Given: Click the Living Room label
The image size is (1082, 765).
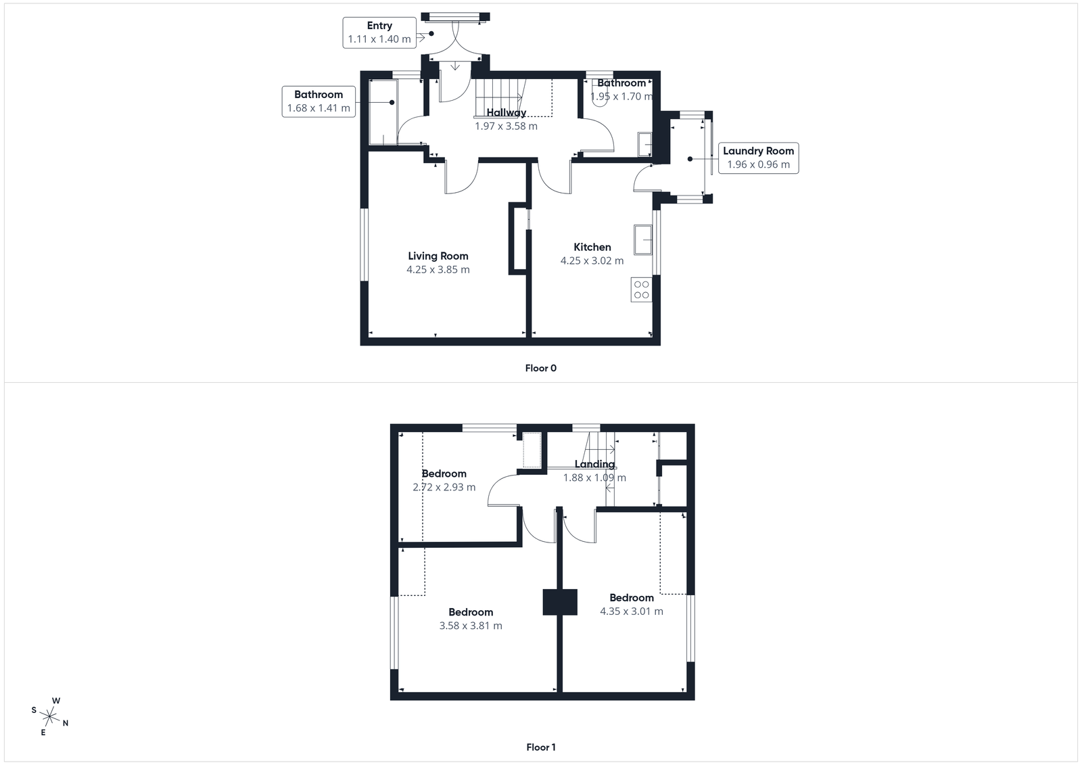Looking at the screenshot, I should [x=438, y=256].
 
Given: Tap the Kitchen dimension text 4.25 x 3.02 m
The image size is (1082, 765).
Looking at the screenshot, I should [x=592, y=260].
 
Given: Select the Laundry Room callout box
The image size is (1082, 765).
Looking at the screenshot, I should [x=758, y=158].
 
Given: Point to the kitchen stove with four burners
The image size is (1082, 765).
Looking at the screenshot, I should [x=641, y=289].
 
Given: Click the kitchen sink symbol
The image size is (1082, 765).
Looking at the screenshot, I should [x=642, y=239].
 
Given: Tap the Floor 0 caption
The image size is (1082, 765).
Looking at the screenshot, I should [x=540, y=368].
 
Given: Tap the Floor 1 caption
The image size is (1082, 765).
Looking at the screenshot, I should [x=540, y=747].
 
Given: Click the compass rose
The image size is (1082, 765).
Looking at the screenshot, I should [x=50, y=716].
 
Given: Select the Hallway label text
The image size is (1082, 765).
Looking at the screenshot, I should [x=506, y=112].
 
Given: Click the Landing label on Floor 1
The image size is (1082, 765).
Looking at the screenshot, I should [x=594, y=464].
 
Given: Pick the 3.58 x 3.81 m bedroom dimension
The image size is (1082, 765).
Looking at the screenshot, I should [x=471, y=626].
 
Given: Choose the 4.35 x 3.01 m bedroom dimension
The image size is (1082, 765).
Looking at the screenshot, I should [x=631, y=611].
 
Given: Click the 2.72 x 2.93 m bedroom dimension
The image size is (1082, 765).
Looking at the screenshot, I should [x=444, y=487].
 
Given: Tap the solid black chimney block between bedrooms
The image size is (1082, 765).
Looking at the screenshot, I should [x=560, y=602].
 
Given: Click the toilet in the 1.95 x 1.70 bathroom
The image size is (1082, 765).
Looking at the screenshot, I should [x=598, y=97].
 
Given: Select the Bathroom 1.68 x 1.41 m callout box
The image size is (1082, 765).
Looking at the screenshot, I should [x=319, y=101].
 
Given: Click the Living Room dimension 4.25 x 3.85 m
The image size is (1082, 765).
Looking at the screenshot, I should [x=438, y=269].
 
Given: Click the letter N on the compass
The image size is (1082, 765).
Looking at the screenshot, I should [x=66, y=723].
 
